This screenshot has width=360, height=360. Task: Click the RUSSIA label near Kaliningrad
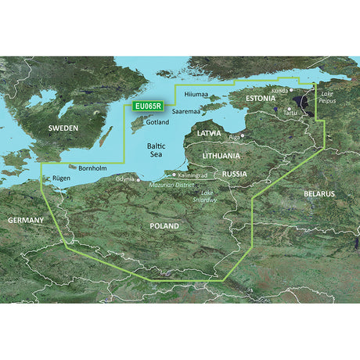[x=235, y=173]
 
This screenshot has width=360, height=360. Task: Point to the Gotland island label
[x=157, y=124]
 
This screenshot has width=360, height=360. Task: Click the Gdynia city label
[x=125, y=179]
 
